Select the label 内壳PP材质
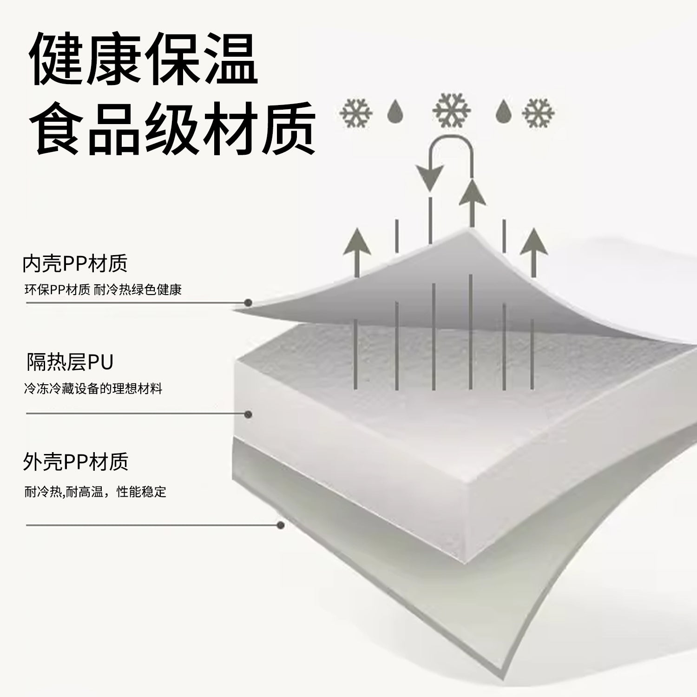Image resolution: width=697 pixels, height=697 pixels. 75,263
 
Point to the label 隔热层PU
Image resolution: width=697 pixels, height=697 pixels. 70,362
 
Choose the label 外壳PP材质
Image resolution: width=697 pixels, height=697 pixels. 75,461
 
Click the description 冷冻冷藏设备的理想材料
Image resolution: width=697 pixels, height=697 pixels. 93,389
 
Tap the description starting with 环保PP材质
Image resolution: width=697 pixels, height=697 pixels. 103,290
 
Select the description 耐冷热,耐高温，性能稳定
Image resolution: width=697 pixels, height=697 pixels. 95,492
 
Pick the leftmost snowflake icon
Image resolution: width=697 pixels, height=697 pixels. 356,112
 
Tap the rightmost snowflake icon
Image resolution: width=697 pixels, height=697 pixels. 538,112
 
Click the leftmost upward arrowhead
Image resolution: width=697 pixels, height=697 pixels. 356,241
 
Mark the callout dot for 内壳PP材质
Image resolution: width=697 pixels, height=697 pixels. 249,303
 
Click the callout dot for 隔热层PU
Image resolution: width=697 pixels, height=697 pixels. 249,414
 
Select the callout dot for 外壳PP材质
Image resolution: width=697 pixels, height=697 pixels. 280,526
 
